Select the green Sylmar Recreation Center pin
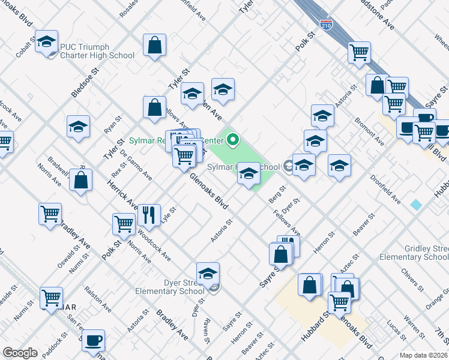point(232,140)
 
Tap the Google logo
point(20,353)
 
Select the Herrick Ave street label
point(122,194)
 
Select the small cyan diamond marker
point(416,205)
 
